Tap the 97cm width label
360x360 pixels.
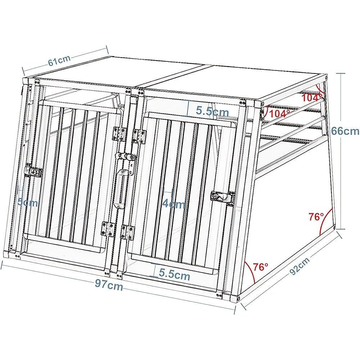click(109, 285)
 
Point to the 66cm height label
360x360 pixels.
click(345, 131)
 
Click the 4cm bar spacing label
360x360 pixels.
click(174, 204)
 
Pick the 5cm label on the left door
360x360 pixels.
click(28, 202)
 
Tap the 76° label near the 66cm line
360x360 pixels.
click(316, 216)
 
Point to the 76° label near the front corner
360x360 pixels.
click(261, 266)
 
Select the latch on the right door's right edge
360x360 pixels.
click(223, 197)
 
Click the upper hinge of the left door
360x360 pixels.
click(120, 134)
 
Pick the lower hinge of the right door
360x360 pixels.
click(128, 232)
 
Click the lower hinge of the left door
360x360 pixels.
click(108, 229)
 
